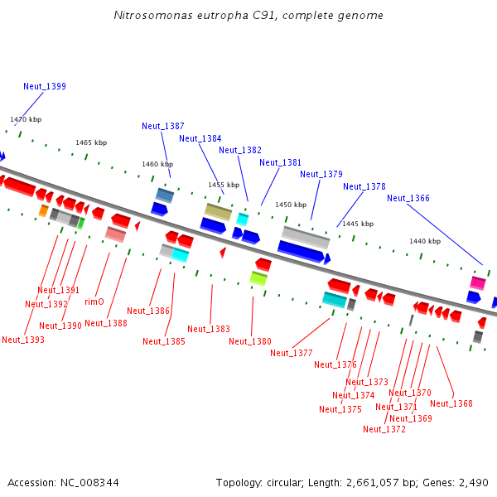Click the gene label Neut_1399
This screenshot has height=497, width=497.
(45, 86)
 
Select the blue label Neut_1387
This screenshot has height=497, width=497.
(163, 126)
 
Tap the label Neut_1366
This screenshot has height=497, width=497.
(408, 198)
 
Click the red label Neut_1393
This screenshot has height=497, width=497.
(23, 340)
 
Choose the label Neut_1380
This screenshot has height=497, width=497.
(250, 341)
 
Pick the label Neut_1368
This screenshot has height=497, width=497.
(451, 403)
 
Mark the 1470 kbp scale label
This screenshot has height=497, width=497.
(26, 119)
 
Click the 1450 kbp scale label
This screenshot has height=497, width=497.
(290, 205)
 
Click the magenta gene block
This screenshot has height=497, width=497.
(478, 282)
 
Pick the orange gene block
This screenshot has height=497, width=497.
(44, 210)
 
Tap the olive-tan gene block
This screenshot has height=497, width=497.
(219, 211)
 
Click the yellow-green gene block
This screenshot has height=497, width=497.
(258, 278)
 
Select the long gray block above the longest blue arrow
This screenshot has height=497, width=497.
(306, 236)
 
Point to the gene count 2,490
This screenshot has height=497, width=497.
(472, 482)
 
